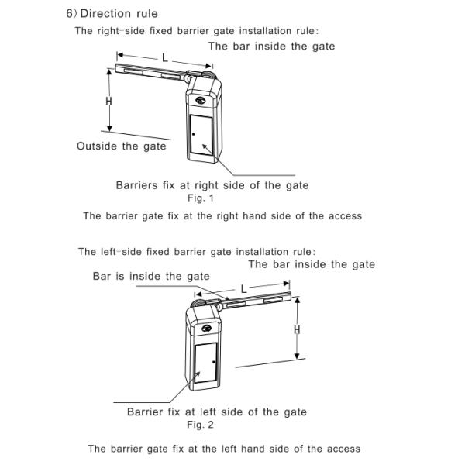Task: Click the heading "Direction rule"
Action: tap(119, 14)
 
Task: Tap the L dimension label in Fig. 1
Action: tap(165, 57)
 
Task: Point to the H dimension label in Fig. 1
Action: tap(108, 102)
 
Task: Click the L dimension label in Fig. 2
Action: tap(244, 289)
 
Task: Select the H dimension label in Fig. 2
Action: tap(297, 329)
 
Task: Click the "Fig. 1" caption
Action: tap(201, 198)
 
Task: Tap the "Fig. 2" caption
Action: tap(200, 425)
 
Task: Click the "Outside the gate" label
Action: tap(122, 146)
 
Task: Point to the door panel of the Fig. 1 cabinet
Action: tap(201, 135)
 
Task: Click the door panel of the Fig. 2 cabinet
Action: tap(205, 363)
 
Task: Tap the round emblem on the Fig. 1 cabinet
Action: tap(201, 100)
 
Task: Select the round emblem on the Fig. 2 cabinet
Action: tap(206, 329)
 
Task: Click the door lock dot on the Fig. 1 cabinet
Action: tap(194, 134)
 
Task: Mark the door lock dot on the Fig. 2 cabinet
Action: tap(214, 362)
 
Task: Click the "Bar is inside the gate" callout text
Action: tap(151, 277)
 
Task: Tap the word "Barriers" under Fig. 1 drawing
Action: tap(136, 185)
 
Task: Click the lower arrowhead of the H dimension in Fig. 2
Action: tap(297, 356)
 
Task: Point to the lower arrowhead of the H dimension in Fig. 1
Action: tap(110, 128)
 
